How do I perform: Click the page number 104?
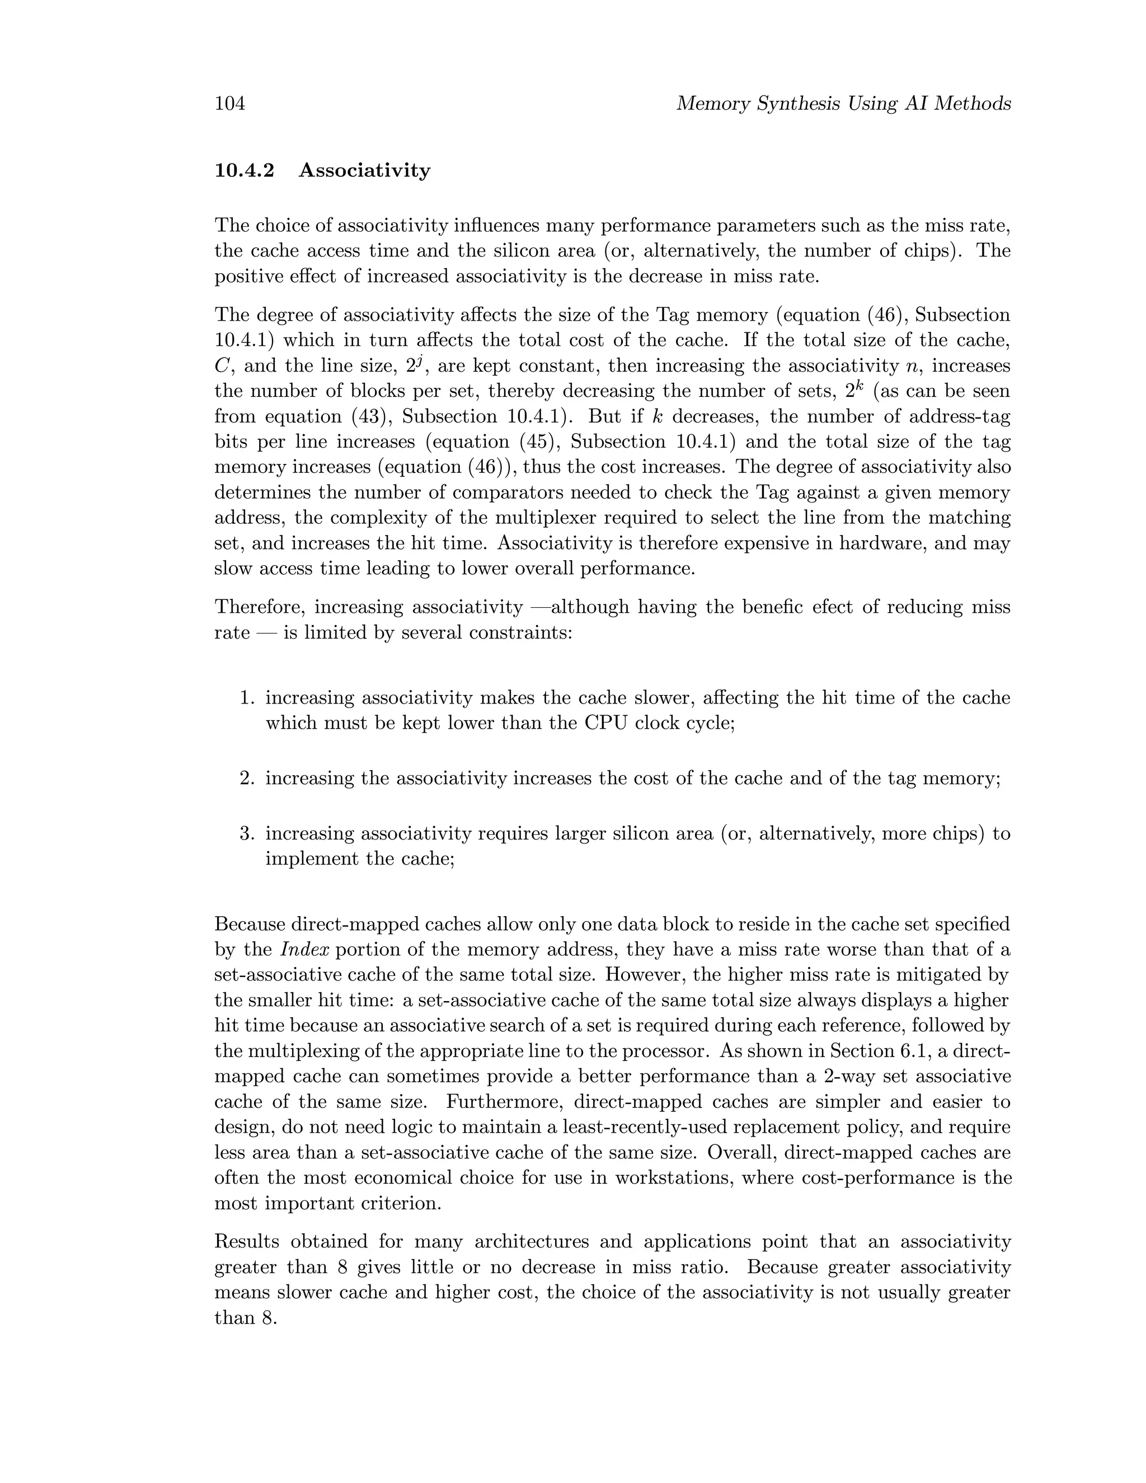pyautogui.click(x=229, y=104)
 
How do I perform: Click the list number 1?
pyautogui.click(x=246, y=698)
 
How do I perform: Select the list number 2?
pyautogui.click(x=246, y=778)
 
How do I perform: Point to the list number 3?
pyautogui.click(x=246, y=834)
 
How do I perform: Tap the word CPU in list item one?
pyautogui.click(x=601, y=723)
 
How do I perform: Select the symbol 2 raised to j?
pyautogui.click(x=414, y=366)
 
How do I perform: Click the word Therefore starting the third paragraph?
pyautogui.click(x=259, y=607)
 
